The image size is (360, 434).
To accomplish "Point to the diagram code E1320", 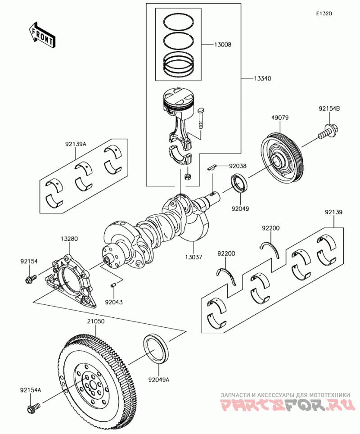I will (323, 14).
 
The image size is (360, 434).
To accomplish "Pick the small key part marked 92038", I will (212, 167).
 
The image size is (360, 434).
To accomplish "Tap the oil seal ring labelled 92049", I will (238, 184).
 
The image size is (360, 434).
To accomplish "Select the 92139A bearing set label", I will (75, 145).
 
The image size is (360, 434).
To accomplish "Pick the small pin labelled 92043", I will (114, 285).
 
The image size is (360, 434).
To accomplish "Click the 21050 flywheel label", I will (95, 322).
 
